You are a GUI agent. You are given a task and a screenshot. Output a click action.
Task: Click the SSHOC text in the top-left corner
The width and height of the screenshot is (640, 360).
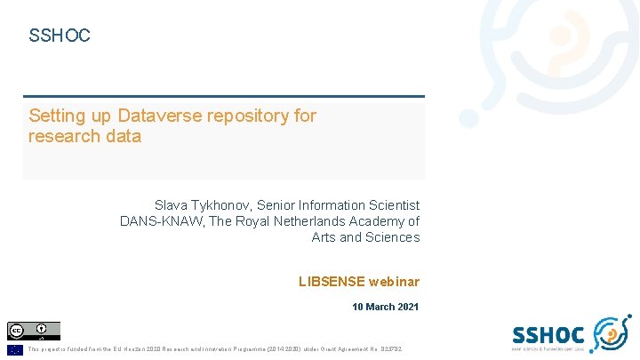(60, 36)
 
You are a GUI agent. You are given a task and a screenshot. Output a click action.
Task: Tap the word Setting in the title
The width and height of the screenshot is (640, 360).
(59, 116)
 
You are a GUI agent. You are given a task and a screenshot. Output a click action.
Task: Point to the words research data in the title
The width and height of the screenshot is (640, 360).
(84, 136)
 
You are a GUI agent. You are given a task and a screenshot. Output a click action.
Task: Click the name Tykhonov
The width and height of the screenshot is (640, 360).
(222, 205)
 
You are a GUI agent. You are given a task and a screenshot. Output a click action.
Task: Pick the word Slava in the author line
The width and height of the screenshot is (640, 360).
(172, 205)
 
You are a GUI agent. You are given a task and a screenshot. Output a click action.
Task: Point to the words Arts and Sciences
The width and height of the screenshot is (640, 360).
(365, 237)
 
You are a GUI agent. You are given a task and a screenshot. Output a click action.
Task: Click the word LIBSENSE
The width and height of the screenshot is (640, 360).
(332, 282)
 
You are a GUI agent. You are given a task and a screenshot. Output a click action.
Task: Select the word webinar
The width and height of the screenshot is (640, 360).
(395, 282)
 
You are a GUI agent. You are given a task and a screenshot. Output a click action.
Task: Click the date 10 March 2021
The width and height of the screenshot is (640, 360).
(386, 307)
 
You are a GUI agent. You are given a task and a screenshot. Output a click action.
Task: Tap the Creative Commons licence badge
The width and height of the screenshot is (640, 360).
(34, 331)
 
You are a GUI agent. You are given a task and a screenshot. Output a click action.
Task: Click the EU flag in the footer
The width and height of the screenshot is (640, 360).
(15, 349)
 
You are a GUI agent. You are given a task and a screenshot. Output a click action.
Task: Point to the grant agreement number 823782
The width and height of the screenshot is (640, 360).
(388, 349)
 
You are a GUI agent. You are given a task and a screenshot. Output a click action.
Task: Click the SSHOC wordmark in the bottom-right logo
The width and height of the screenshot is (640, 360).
(548, 334)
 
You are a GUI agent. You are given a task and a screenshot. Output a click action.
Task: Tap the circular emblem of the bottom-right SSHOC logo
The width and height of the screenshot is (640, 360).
(611, 334)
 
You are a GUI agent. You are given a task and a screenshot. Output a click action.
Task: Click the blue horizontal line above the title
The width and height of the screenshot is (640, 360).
(224, 96)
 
